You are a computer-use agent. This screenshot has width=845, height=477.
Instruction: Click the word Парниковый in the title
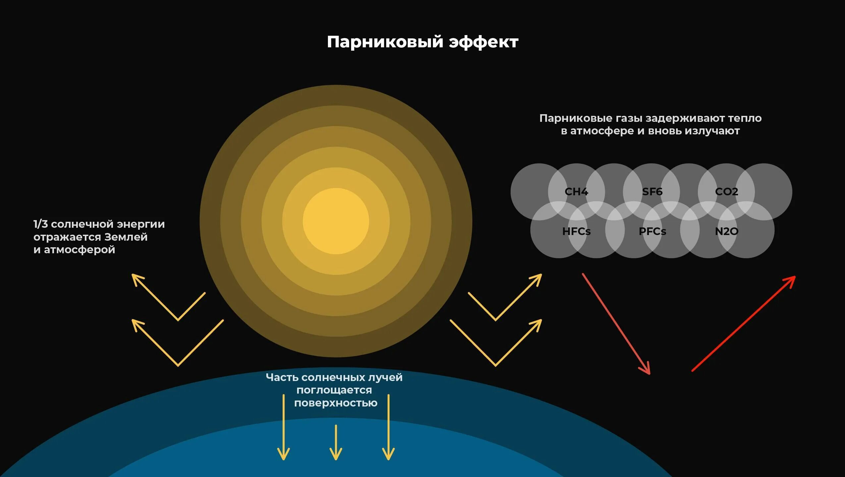pyautogui.click(x=385, y=42)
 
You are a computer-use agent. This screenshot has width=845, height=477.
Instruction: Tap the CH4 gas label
pyautogui.click(x=576, y=192)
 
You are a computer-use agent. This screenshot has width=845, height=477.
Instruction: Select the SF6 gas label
pyautogui.click(x=652, y=192)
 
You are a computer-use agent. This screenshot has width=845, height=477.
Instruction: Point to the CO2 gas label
pyautogui.click(x=726, y=192)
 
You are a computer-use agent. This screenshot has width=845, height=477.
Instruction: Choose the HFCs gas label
pyautogui.click(x=576, y=231)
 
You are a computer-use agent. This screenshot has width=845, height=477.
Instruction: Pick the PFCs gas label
pyautogui.click(x=652, y=231)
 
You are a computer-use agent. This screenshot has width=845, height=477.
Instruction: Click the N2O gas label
pyautogui.click(x=726, y=231)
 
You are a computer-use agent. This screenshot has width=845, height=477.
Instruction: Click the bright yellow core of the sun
pyautogui.click(x=336, y=221)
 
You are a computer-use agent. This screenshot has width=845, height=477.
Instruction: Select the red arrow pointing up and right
pyautogui.click(x=744, y=323)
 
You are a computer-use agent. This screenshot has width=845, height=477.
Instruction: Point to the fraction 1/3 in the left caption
pyautogui.click(x=41, y=224)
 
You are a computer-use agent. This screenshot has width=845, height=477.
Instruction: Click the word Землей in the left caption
pyautogui.click(x=126, y=237)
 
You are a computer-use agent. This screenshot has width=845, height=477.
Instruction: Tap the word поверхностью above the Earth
pyautogui.click(x=336, y=403)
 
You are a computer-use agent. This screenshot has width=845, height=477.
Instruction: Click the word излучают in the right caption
pyautogui.click(x=712, y=131)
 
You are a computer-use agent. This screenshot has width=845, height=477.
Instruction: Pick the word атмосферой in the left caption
pyautogui.click(x=79, y=250)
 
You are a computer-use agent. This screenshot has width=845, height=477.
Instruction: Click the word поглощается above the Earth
pyautogui.click(x=334, y=390)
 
